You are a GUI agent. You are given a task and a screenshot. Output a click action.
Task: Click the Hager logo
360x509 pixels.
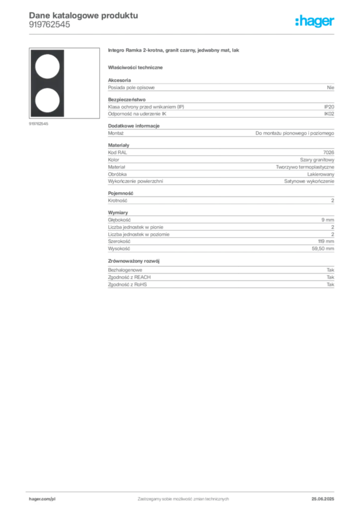click(315, 21)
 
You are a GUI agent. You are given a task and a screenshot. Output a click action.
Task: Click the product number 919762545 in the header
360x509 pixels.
click(49, 25)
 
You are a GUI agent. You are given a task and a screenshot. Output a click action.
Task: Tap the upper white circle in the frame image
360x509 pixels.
click(47, 67)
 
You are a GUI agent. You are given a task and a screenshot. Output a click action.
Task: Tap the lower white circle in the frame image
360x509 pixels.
click(47, 100)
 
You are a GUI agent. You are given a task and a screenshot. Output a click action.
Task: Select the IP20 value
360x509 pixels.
click(329, 107)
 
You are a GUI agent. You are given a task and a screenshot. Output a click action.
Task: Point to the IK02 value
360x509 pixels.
click(329, 114)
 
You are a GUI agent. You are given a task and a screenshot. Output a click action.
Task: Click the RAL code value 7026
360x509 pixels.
click(329, 153)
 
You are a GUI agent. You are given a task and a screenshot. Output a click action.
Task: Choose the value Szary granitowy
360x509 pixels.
click(317, 160)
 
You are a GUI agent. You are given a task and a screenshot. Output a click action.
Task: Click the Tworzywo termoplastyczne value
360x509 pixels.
click(305, 167)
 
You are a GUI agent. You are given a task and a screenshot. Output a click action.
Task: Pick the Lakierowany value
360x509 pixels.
click(320, 174)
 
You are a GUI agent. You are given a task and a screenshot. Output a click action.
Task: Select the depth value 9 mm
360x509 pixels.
click(328, 220)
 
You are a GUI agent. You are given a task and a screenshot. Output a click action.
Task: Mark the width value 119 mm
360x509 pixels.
click(326, 242)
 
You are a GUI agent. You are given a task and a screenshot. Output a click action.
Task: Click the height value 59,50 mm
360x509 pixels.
click(323, 249)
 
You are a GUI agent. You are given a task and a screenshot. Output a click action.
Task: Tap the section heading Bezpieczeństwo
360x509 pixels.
click(127, 99)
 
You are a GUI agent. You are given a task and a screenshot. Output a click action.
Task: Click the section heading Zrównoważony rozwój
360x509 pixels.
click(134, 261)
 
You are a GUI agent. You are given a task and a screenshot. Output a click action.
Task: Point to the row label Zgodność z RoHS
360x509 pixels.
click(127, 285)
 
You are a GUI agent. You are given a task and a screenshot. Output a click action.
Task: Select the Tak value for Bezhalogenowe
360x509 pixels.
click(331, 270)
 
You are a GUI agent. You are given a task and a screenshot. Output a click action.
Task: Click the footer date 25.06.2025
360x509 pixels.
click(323, 499)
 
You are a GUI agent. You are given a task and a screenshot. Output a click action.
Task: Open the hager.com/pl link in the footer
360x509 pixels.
click(42, 499)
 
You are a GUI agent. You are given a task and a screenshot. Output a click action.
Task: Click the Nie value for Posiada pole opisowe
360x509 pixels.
click(331, 87)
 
